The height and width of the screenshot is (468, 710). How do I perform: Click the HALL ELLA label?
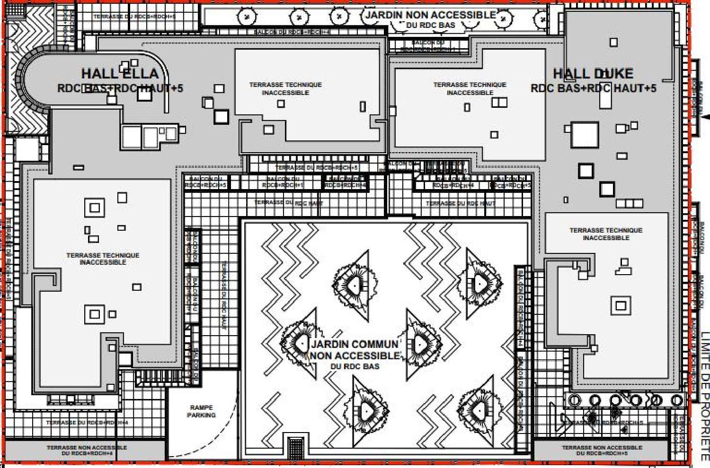coord(120,73)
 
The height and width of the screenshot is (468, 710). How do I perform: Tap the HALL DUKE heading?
coord(593,73)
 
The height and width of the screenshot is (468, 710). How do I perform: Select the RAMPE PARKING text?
coord(201,411)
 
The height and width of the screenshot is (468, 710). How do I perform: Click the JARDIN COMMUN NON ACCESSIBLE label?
coord(355,350)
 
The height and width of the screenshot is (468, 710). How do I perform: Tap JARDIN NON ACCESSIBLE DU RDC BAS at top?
coord(430,19)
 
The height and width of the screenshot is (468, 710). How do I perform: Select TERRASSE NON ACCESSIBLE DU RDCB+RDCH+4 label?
coord(87,450)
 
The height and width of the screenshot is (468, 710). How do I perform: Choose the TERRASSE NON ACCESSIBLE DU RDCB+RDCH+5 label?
coord(602,450)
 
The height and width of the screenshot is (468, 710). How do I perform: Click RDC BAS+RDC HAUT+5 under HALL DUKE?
coord(593,88)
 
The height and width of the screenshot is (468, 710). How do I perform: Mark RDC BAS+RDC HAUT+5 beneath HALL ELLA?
coord(120,88)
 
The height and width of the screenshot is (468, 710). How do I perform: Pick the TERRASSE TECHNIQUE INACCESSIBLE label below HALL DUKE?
coord(606,234)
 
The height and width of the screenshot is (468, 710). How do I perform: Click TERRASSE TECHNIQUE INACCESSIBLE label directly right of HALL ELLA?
coord(285,88)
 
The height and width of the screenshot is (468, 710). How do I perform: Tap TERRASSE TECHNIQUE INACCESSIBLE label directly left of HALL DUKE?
coord(470,88)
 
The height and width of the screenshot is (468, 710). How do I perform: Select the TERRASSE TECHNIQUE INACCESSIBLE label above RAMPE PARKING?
coord(103,259)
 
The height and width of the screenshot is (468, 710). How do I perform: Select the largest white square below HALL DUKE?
coord(585,135)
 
